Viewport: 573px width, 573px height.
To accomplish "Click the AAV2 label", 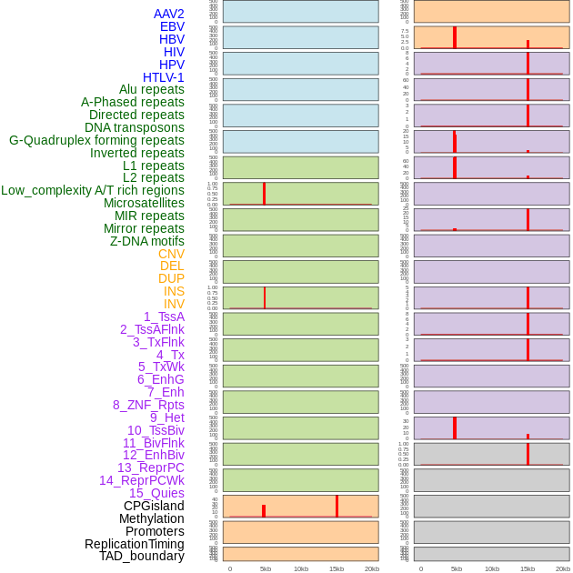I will pyautogui.click(x=168, y=14).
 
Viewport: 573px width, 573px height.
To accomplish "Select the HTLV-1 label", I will pyautogui.click(x=163, y=77).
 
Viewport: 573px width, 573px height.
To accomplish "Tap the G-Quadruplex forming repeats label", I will pyautogui.click(x=96, y=140).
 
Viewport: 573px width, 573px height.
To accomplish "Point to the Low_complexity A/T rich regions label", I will pyautogui.click(x=92, y=190).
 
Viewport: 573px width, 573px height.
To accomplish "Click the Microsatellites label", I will pyautogui.click(x=144, y=203).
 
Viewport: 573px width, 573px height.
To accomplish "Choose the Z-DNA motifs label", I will pyautogui.click(x=146, y=241).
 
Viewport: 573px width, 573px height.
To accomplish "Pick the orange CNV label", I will pyautogui.click(x=171, y=254).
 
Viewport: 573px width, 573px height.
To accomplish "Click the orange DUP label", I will pyautogui.click(x=171, y=278).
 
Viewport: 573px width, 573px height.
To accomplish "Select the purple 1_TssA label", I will pyautogui.click(x=164, y=317).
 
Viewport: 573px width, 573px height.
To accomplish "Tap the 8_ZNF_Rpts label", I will pyautogui.click(x=148, y=405).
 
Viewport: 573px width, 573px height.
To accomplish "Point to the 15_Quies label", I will pyautogui.click(x=156, y=493).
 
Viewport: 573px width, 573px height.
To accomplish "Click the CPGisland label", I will pyautogui.click(x=154, y=506).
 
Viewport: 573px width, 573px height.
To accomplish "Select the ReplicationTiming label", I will pyautogui.click(x=134, y=544).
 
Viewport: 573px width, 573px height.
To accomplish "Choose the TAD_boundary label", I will pyautogui.click(x=141, y=556).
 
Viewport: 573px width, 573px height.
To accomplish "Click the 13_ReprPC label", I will pyautogui.click(x=150, y=467).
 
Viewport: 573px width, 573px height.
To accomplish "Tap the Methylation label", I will pyautogui.click(x=151, y=518).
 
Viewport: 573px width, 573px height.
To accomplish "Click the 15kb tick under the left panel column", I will pyautogui.click(x=336, y=568).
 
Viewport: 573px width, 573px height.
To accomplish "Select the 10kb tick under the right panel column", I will pyautogui.click(x=491, y=568).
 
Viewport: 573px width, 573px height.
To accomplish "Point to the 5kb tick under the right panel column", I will pyautogui.click(x=456, y=568).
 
